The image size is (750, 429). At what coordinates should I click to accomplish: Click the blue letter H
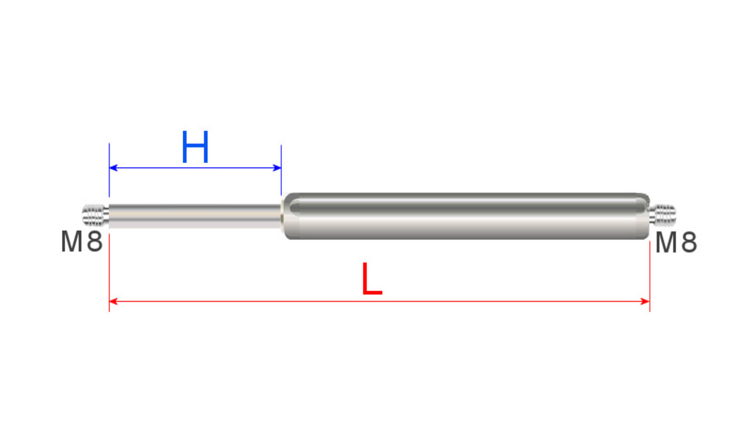195,148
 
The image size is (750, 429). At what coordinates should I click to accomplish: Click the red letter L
371,280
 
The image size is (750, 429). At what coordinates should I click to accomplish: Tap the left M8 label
82,242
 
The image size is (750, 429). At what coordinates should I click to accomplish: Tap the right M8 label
676,242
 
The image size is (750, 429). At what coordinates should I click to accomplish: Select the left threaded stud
95,215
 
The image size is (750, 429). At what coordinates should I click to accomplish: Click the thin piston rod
193,216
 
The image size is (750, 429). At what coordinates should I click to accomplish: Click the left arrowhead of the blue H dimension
113,168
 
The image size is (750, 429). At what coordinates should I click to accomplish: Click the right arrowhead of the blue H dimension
278,168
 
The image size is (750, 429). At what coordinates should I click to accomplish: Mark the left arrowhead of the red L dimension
113,301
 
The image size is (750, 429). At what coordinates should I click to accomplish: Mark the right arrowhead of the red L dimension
646,301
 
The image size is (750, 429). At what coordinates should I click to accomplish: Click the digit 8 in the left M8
96,242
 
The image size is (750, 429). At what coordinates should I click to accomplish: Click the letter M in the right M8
666,242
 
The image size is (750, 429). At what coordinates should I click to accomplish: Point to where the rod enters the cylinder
283,216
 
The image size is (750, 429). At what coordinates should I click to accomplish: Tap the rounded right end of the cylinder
645,216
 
